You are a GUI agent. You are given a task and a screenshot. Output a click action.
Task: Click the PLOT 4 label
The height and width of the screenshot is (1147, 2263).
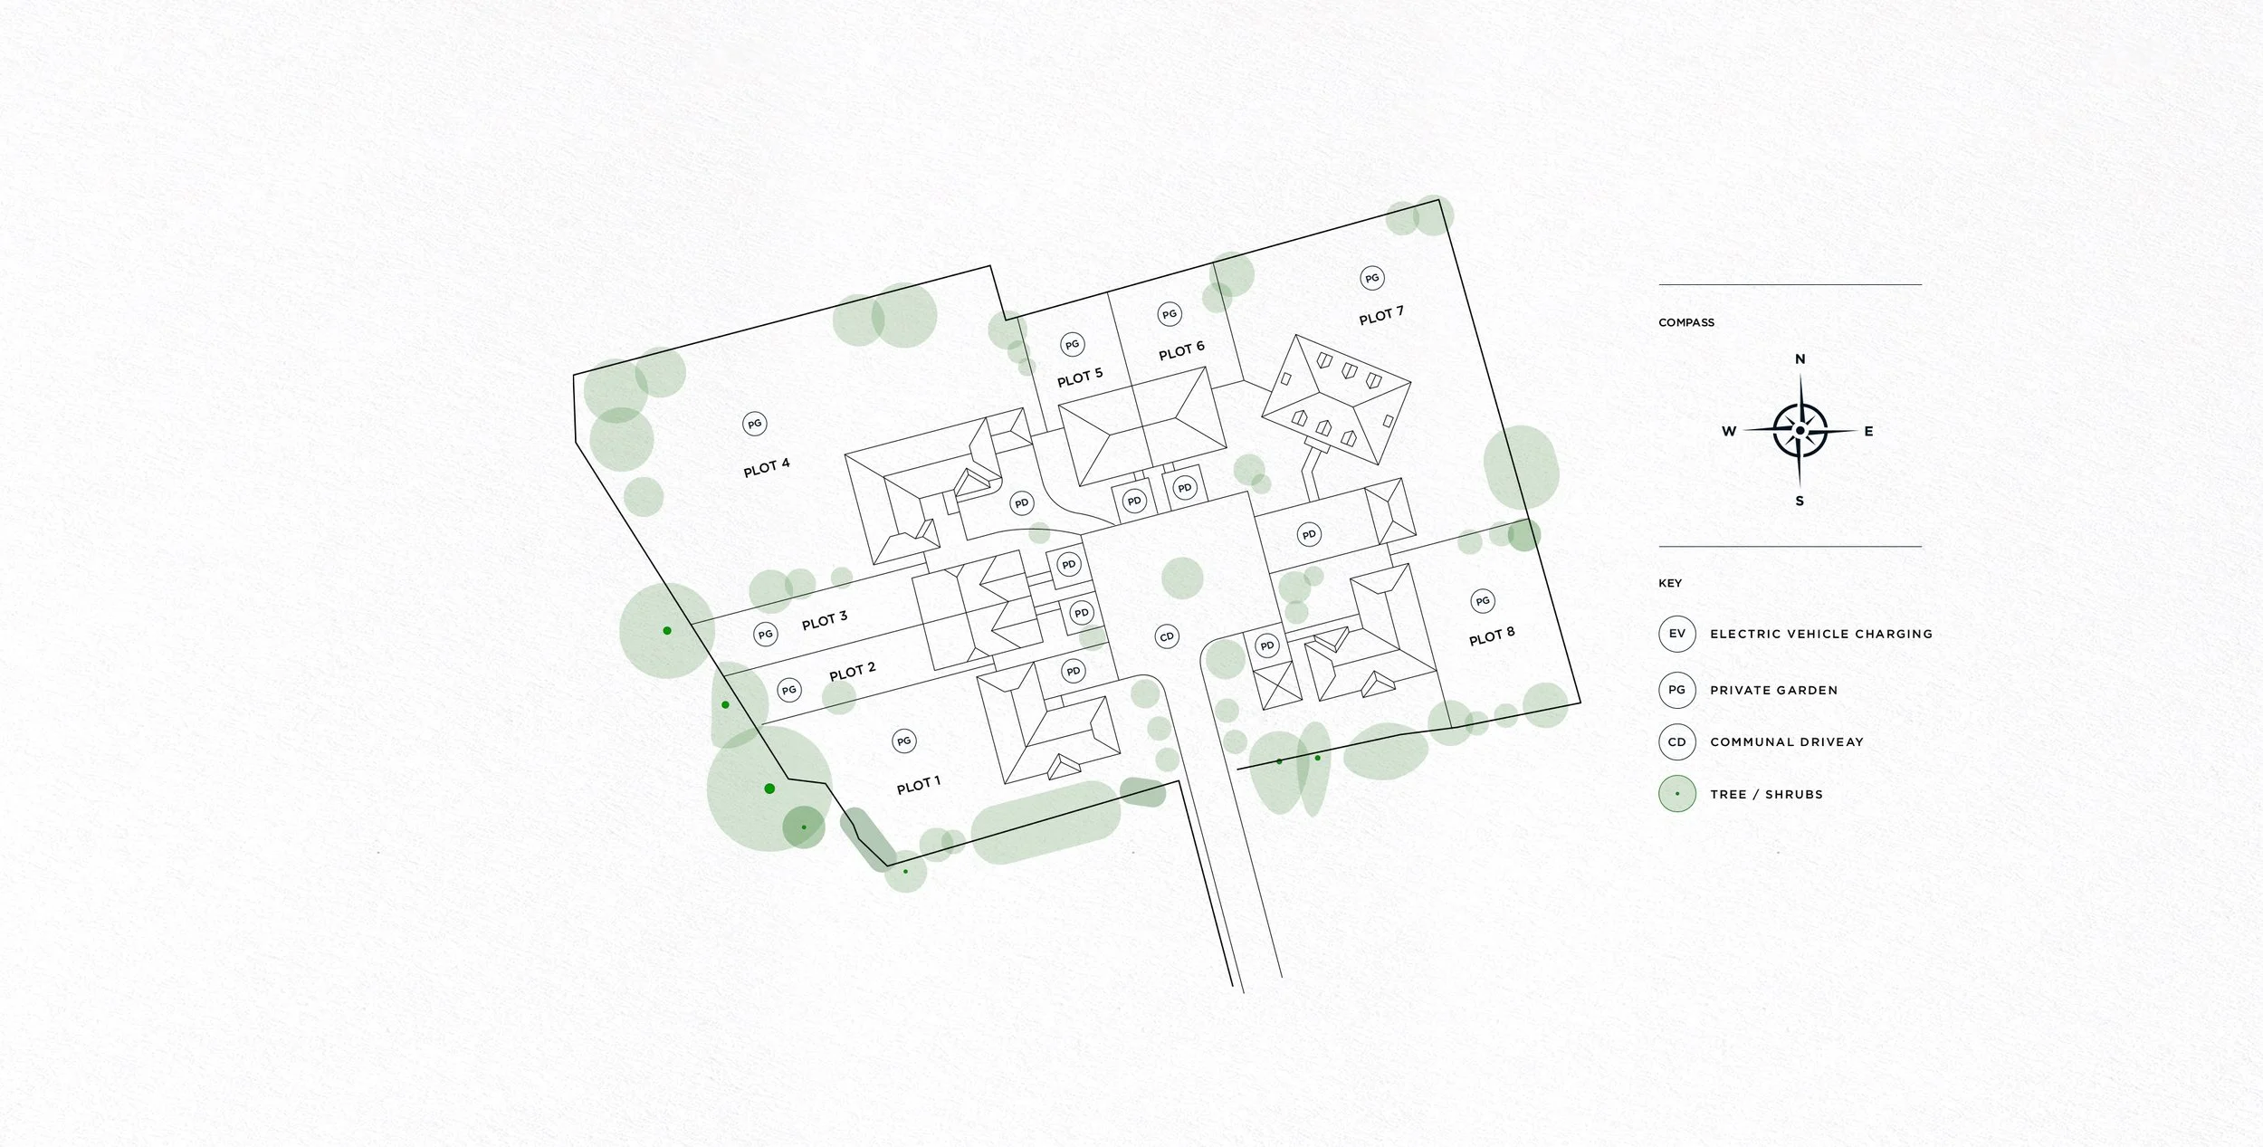click(766, 467)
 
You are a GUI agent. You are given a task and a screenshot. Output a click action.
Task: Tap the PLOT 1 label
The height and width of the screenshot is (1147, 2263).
click(918, 785)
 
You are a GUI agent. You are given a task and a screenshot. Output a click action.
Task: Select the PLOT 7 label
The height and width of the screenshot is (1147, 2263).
click(1380, 315)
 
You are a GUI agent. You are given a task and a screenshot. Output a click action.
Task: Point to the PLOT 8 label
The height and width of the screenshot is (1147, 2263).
click(1491, 636)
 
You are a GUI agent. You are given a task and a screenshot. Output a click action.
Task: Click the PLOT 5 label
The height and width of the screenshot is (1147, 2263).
click(1079, 377)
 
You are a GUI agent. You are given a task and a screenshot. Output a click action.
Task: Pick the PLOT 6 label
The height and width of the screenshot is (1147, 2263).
click(1181, 350)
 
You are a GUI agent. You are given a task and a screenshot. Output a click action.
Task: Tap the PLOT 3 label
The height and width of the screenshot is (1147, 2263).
click(824, 620)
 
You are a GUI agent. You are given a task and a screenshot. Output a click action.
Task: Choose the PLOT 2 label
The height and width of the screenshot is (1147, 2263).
click(852, 671)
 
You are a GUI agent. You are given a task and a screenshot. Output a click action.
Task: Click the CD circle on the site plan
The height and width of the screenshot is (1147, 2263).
click(1167, 636)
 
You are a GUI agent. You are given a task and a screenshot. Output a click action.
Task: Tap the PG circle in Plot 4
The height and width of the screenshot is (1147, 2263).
click(754, 424)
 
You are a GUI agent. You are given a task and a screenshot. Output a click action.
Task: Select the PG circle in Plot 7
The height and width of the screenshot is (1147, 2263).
click(1371, 278)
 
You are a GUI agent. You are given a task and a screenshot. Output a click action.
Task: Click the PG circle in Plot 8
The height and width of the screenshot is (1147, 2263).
click(1482, 600)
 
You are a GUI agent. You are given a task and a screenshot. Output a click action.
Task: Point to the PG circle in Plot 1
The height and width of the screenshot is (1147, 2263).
click(903, 741)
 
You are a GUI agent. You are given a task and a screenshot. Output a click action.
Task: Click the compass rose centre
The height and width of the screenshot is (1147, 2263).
click(1800, 430)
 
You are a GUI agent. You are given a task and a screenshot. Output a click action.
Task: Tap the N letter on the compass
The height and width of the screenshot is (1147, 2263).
click(1800, 359)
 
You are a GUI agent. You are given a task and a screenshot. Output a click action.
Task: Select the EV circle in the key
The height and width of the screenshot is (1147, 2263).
click(1676, 634)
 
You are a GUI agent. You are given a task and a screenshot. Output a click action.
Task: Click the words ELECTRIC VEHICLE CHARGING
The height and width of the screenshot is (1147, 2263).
click(1820, 634)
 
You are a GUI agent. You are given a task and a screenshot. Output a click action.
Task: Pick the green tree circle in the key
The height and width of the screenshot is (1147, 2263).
click(1676, 794)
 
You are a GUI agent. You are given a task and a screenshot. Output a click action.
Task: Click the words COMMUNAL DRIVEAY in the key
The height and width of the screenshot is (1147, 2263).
click(1786, 741)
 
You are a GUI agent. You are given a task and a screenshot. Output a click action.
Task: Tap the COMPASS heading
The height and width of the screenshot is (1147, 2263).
click(1685, 322)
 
